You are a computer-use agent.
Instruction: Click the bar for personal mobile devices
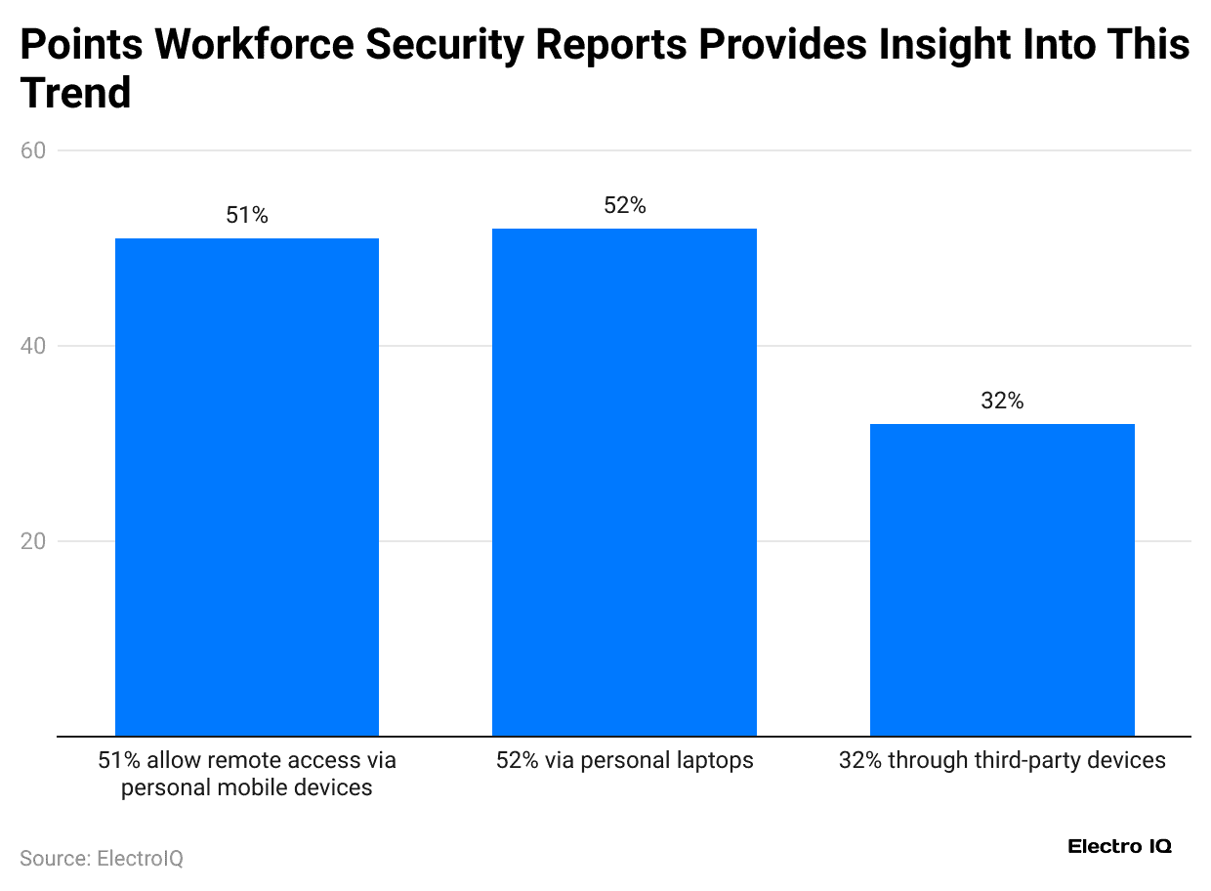tap(247, 487)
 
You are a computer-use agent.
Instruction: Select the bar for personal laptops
tap(624, 482)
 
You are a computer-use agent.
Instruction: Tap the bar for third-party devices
tap(1002, 579)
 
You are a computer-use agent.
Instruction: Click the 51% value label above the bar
tap(247, 216)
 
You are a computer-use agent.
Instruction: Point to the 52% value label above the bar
tap(624, 206)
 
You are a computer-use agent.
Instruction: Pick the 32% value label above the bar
tap(1002, 402)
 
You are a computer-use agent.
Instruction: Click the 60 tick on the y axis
tap(32, 150)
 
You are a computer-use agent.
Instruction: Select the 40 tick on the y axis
tap(32, 346)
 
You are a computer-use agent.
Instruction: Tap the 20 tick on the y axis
tap(32, 541)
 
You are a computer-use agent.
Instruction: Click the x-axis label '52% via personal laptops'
tap(624, 760)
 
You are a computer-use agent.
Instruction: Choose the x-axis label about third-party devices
tap(1002, 760)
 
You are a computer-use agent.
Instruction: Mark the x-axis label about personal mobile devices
tap(247, 774)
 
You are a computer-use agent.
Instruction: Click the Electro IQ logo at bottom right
tap(1119, 846)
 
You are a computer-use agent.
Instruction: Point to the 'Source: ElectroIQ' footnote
tap(102, 859)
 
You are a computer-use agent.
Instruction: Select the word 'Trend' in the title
tap(75, 94)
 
